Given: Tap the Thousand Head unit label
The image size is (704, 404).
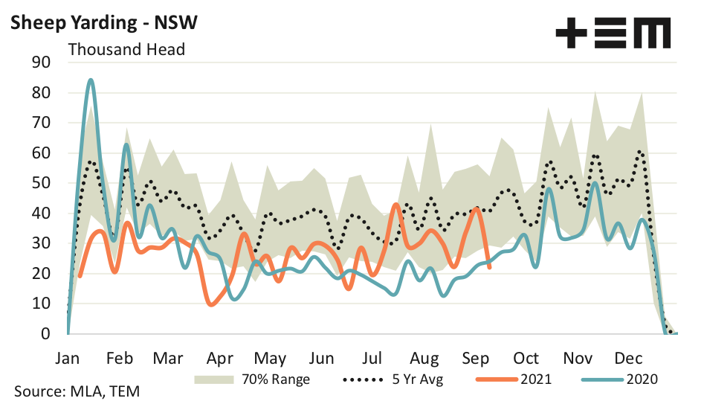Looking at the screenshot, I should pos(126,50).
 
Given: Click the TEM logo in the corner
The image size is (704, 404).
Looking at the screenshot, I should pos(613,33).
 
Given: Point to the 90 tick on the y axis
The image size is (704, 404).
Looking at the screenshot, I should pos(40,62).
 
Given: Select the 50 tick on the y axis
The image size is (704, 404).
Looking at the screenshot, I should pos(40,183).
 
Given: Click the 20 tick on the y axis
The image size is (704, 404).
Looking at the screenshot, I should pos(40,274).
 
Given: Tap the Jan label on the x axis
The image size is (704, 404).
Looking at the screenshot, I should pos(68,357).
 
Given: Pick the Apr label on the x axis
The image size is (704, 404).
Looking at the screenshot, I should pos(220,357).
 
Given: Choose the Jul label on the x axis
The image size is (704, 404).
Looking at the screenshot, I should pos(373,357).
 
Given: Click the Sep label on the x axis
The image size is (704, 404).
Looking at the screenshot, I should pos(476,357).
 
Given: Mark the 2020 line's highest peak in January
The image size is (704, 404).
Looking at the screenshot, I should pos(91,80).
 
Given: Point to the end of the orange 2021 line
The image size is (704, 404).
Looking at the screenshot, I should pos(488,267).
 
